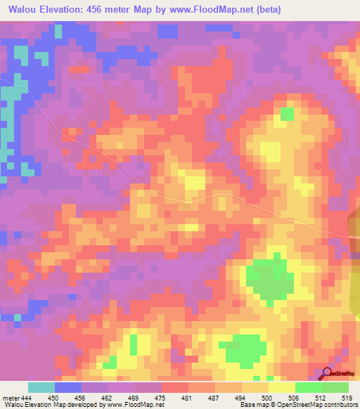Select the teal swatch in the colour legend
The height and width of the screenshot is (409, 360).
(41, 387)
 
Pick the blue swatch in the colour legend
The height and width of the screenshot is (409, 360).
(68, 387)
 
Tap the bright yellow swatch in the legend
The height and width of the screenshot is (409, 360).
(281, 387)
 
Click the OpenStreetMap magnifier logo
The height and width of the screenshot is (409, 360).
(328, 373)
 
